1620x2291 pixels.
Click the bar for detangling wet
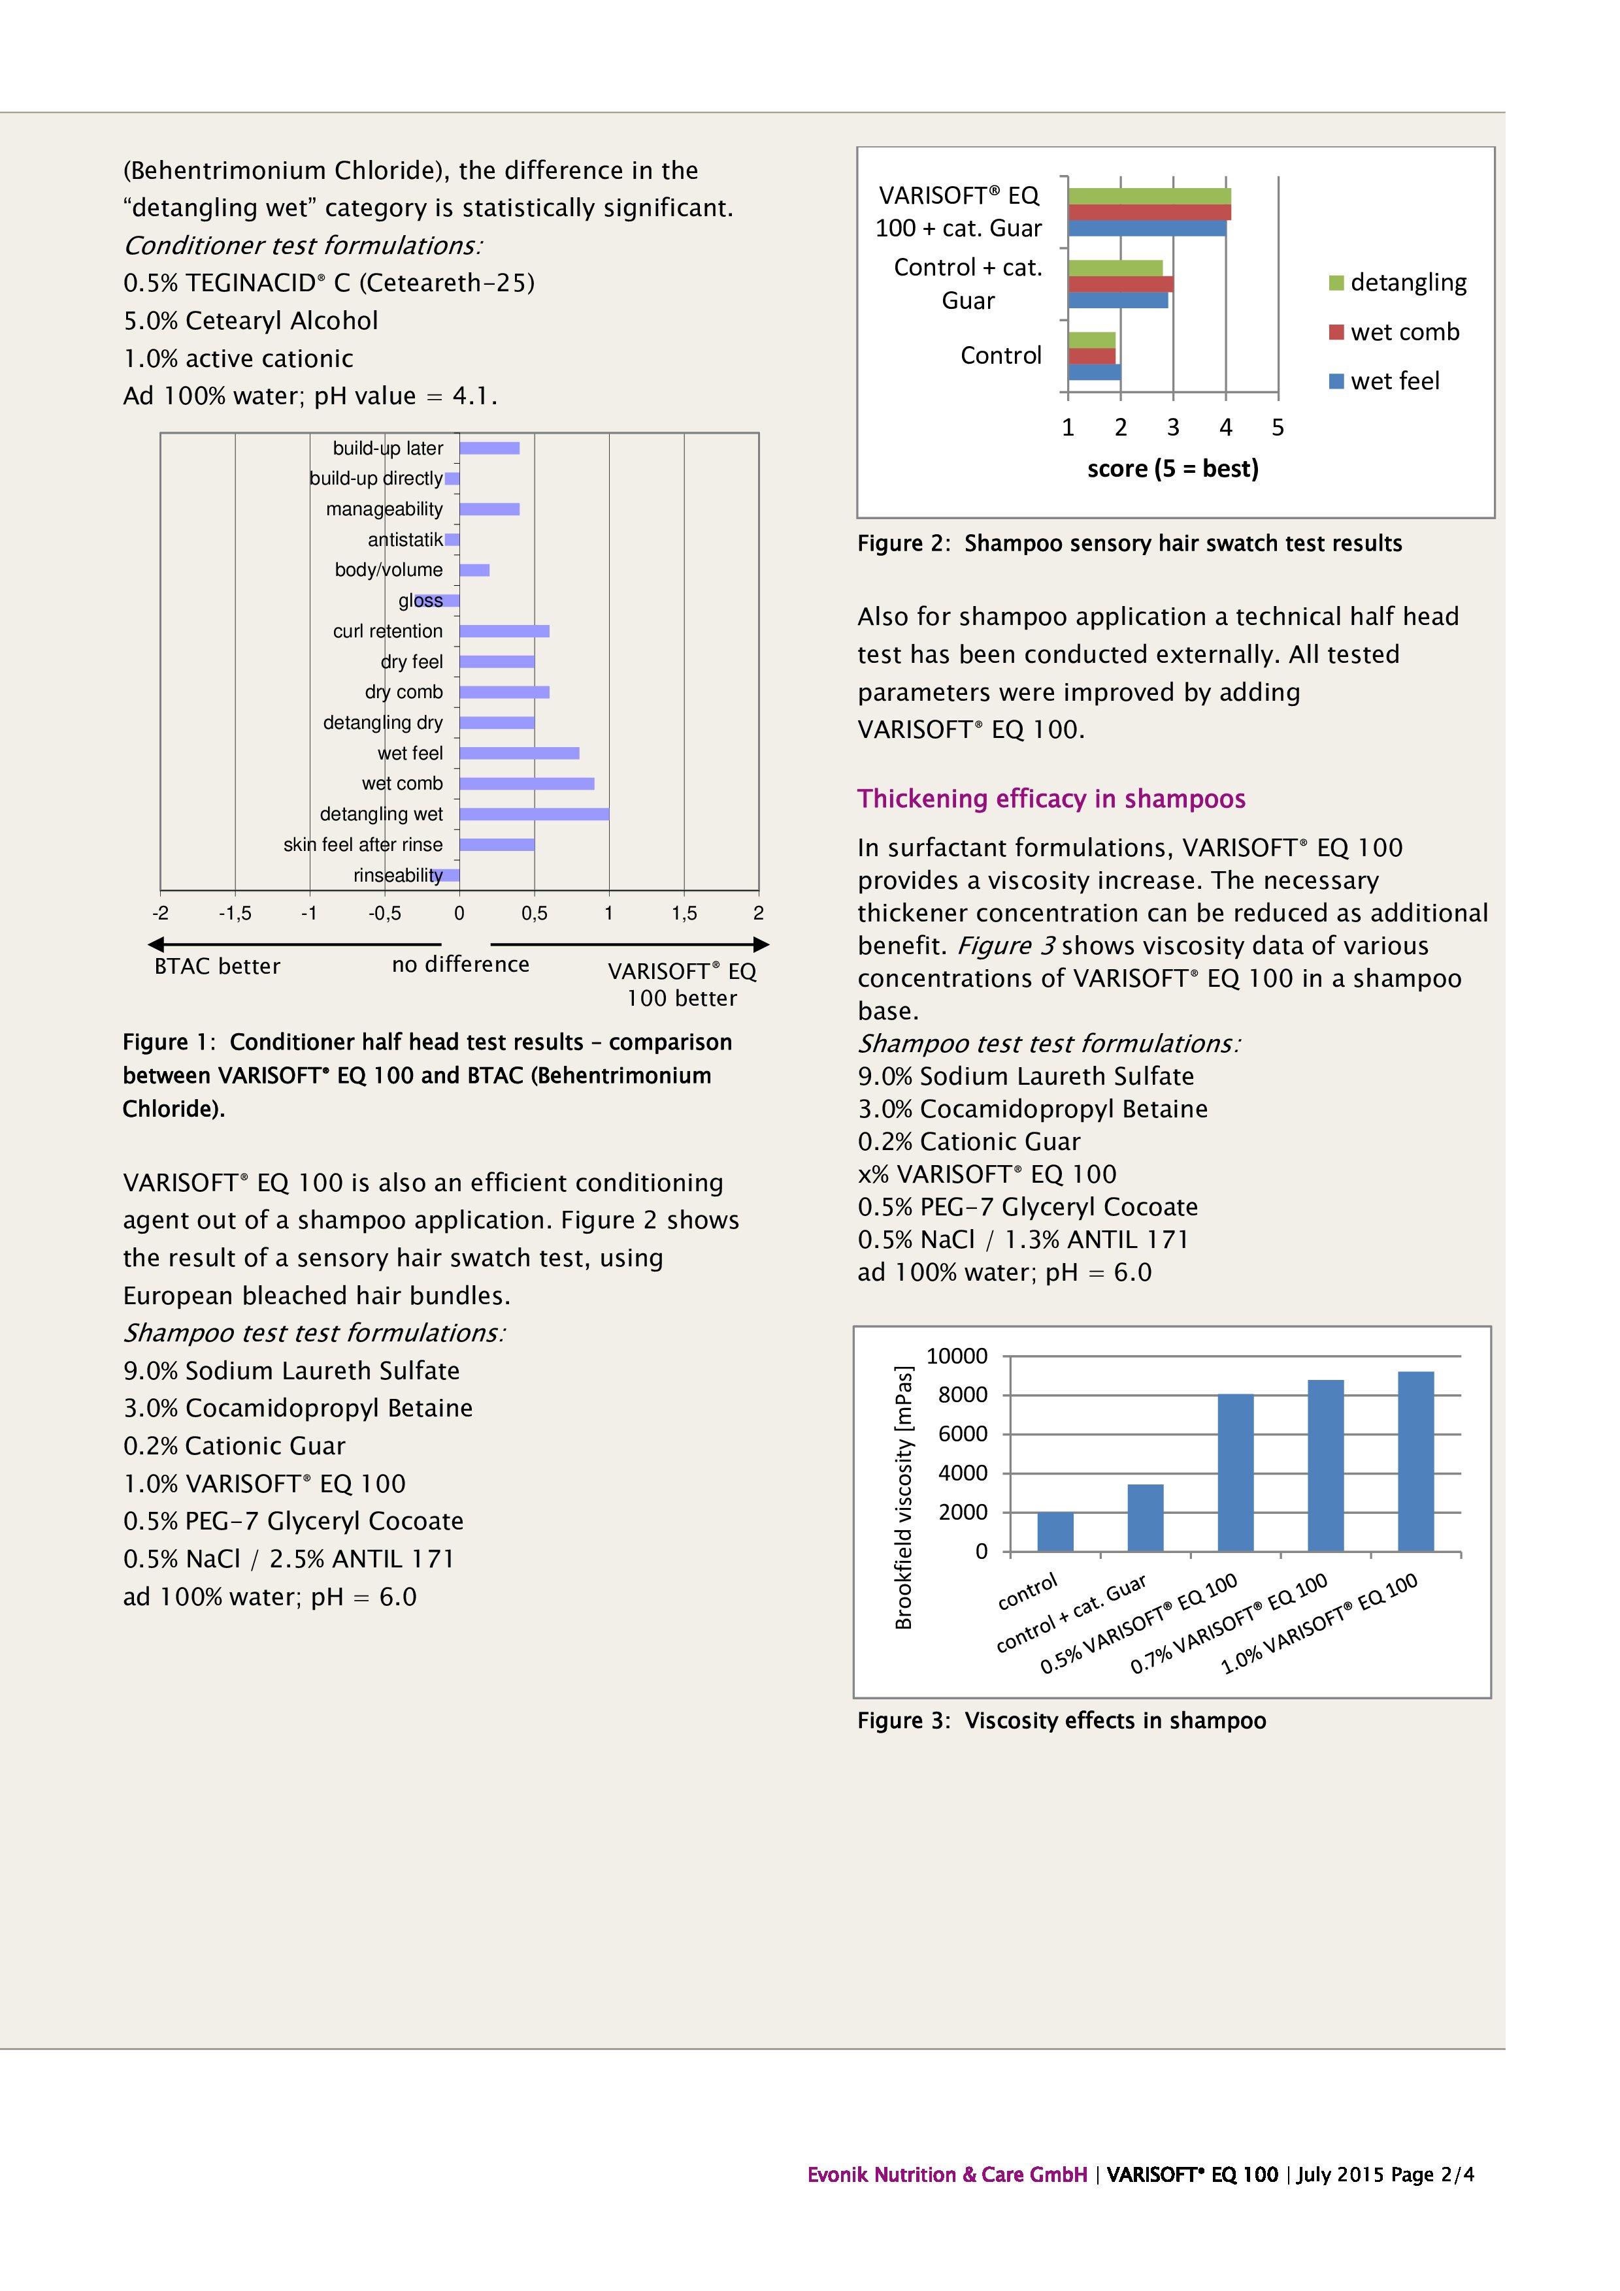tap(534, 814)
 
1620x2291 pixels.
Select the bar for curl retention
tap(504, 631)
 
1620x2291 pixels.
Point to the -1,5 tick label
tap(235, 913)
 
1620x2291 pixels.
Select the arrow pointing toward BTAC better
tap(295, 944)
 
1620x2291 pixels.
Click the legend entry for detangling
tap(1408, 282)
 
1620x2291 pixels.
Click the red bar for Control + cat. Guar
tap(1120, 284)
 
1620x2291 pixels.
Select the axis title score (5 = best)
tap(1173, 469)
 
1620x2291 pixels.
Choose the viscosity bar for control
tap(1055, 1531)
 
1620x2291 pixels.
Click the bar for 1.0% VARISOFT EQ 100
tap(1415, 1462)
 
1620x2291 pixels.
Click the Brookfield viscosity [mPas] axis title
tap(903, 1497)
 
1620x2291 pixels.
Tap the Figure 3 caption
tap(1061, 1720)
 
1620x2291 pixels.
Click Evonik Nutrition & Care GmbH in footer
tap(946, 2174)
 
